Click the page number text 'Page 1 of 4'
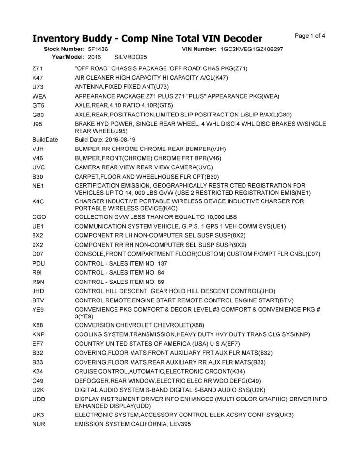pos(310,36)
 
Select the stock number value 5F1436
pos(98,50)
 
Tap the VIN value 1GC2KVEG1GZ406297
pos(251,50)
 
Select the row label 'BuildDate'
pos(45,140)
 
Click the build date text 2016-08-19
pos(120,140)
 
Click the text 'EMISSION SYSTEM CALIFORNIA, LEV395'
pos(133,424)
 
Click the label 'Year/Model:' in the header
pos(68,57)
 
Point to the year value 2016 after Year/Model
pos(95,57)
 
